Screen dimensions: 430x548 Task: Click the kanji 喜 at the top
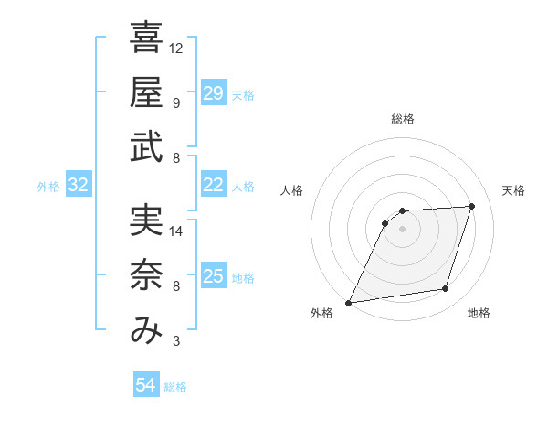(146, 38)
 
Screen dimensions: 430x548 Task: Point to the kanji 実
(146, 221)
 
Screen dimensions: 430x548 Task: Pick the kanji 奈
(146, 276)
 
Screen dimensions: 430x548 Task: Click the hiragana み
(146, 331)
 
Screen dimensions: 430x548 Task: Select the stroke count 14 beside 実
(176, 231)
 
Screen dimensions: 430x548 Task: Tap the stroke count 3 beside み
(176, 342)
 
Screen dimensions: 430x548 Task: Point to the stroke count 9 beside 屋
(176, 102)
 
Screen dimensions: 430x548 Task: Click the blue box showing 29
(213, 93)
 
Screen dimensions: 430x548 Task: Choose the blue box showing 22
(213, 185)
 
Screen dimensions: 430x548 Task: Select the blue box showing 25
(213, 276)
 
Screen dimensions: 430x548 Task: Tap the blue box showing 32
(79, 186)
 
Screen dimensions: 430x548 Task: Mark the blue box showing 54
(145, 386)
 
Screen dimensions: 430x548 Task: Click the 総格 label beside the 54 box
(175, 387)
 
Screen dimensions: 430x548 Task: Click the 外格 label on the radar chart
(321, 313)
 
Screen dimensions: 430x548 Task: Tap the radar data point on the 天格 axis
(472, 206)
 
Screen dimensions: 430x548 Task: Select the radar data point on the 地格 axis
(446, 289)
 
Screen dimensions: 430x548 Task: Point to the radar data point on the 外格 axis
(348, 303)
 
